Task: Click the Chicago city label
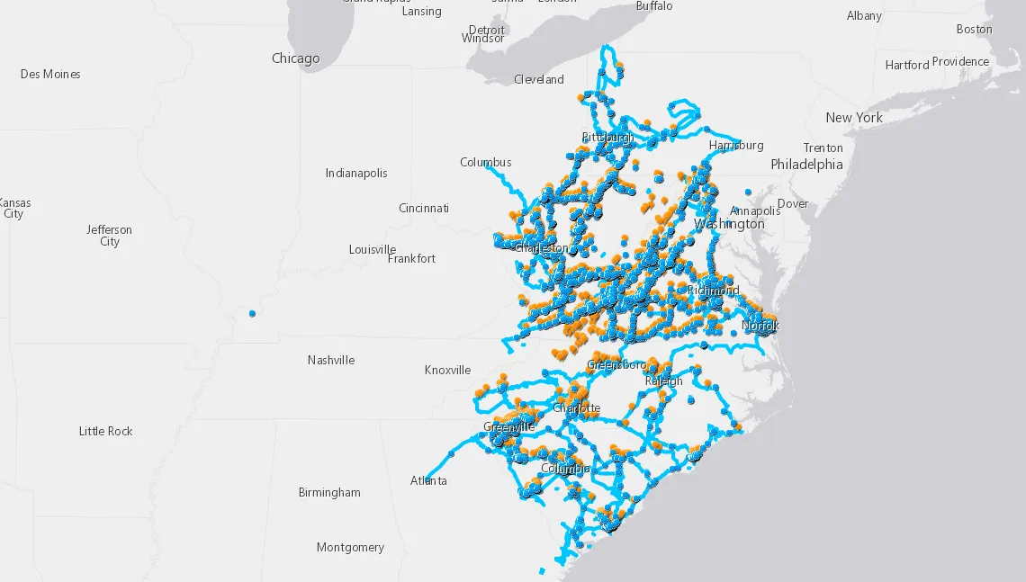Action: tap(295, 58)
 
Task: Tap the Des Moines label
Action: tap(50, 74)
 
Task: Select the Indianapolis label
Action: tap(356, 173)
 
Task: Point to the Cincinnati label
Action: tap(423, 208)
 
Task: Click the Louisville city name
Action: tap(373, 249)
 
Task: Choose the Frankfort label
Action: tap(411, 258)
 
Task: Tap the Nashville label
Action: tap(330, 360)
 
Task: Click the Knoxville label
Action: tap(447, 370)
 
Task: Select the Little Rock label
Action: tap(105, 431)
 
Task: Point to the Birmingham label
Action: tap(329, 492)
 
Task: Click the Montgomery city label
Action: tap(350, 547)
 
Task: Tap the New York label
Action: tap(854, 118)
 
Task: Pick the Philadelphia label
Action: tap(806, 165)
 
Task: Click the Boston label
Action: tap(974, 29)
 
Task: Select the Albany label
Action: tap(864, 15)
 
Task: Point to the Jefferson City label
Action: tap(109, 236)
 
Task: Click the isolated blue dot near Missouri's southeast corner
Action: tap(252, 313)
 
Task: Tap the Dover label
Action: tap(793, 203)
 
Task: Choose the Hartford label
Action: tap(906, 65)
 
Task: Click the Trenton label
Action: tap(823, 148)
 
